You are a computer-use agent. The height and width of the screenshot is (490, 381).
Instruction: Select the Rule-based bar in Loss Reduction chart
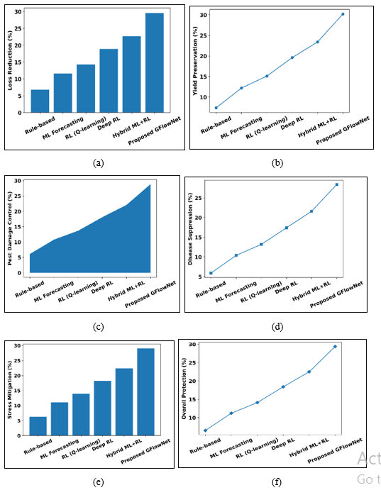[40, 101]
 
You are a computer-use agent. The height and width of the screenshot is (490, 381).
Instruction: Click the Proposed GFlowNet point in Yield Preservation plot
[342, 14]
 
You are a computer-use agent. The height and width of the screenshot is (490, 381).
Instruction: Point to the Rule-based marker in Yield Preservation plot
[216, 108]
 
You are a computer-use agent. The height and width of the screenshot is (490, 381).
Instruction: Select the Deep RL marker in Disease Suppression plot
[286, 228]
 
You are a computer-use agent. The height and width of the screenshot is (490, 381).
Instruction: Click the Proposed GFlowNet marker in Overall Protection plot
[335, 347]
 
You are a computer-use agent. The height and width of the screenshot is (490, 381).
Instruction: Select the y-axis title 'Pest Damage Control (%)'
[9, 228]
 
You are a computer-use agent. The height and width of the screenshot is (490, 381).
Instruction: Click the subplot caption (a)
[99, 162]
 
